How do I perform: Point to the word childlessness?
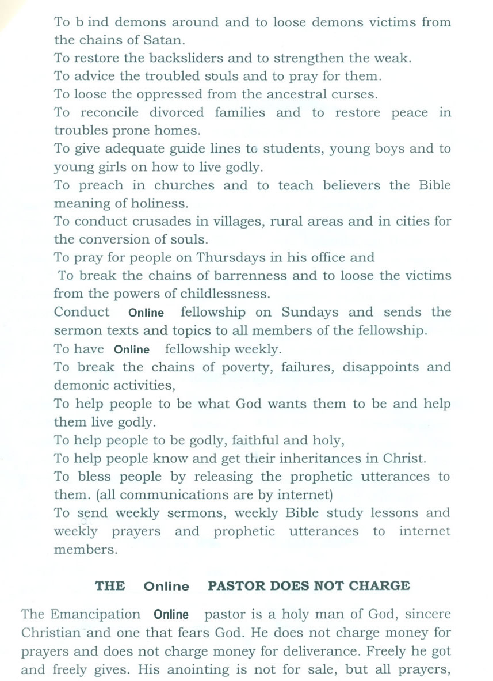click(224, 294)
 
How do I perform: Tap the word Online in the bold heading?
click(166, 587)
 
